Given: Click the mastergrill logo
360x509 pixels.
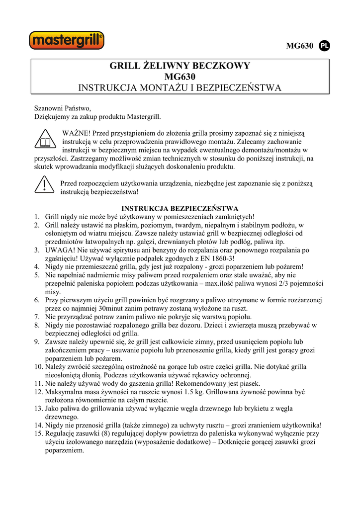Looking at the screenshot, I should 67,40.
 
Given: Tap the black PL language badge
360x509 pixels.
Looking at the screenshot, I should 324,46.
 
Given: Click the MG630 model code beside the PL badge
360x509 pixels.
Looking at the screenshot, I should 300,46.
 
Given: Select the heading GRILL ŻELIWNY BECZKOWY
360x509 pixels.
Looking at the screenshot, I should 180,66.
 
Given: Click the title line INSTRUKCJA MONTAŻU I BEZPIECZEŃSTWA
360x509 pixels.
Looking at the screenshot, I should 180,88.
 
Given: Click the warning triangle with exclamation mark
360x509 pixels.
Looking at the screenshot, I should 45,186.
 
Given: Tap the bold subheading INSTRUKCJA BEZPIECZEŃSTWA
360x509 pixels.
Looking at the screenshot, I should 180,208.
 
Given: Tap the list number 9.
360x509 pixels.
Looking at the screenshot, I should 37,341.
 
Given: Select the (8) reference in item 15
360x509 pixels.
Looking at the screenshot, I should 112,433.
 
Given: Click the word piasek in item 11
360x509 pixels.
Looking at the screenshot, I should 249,383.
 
